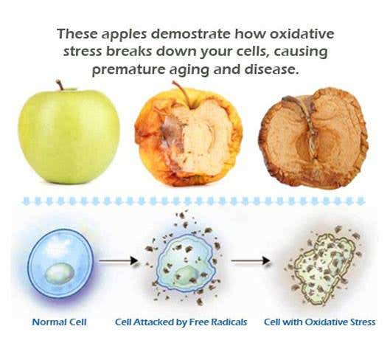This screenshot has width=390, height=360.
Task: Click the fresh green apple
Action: (69, 136)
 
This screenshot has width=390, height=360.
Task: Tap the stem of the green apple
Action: (60, 85)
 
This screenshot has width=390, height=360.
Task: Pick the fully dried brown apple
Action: (313, 138)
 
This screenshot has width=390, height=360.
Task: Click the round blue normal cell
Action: (60, 263)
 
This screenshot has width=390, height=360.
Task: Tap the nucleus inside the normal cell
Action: (60, 274)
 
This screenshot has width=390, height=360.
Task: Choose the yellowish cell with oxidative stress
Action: (323, 269)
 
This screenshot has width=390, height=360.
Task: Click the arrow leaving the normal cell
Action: (119, 260)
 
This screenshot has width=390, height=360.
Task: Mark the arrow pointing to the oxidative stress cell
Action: (251, 260)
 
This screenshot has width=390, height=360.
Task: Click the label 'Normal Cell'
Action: (60, 322)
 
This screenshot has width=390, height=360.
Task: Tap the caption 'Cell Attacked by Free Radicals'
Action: (181, 322)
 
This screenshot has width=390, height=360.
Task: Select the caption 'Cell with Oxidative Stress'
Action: (320, 322)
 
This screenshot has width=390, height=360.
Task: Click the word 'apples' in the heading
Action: (124, 35)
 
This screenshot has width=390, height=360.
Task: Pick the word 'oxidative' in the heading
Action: (302, 34)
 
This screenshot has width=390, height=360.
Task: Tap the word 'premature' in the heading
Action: (128, 70)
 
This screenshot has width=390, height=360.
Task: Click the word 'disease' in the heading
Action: (271, 69)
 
